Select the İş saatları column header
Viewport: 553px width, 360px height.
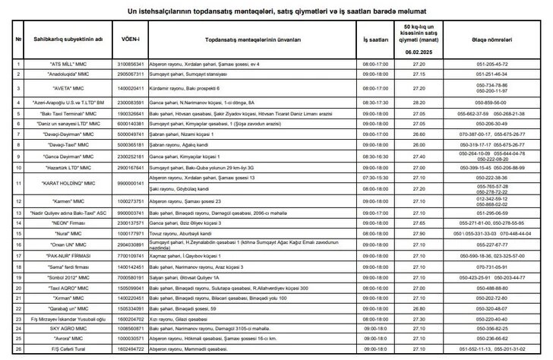click(376, 38)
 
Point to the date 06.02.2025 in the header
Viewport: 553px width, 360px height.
click(418, 52)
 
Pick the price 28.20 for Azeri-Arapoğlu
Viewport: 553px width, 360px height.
click(418, 101)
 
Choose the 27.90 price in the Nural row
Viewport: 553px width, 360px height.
click(418, 235)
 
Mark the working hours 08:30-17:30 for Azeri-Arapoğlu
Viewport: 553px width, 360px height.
click(376, 101)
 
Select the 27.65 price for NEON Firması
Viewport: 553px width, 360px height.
click(418, 224)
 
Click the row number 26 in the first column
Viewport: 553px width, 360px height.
click(17, 349)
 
